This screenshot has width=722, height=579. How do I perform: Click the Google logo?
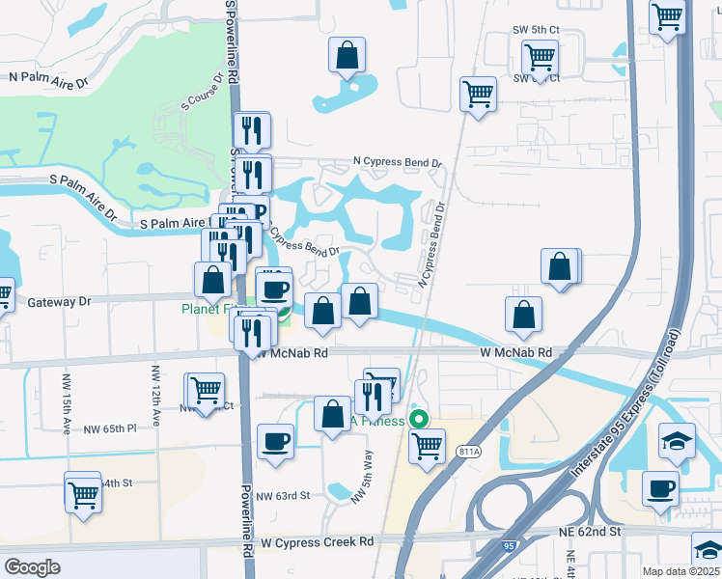tap(33, 567)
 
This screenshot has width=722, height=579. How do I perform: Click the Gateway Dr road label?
tap(59, 302)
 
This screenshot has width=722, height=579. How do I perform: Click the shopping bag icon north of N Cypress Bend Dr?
tap(347, 56)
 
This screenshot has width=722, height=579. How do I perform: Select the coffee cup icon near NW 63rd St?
tap(275, 441)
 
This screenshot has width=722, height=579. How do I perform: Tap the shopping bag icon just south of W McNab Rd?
tap(332, 414)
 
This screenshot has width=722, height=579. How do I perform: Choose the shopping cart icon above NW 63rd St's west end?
tap(83, 493)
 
